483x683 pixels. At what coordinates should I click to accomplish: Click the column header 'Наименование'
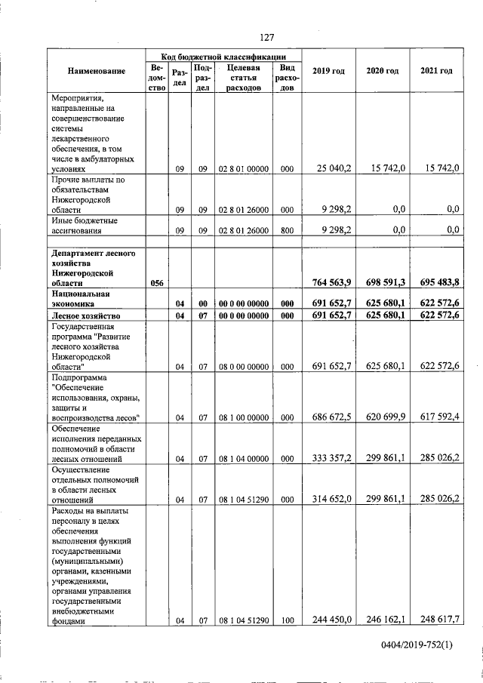(x=97, y=71)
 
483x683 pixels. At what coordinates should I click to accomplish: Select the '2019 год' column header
(x=328, y=71)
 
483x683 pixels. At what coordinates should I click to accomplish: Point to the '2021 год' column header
(x=435, y=71)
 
